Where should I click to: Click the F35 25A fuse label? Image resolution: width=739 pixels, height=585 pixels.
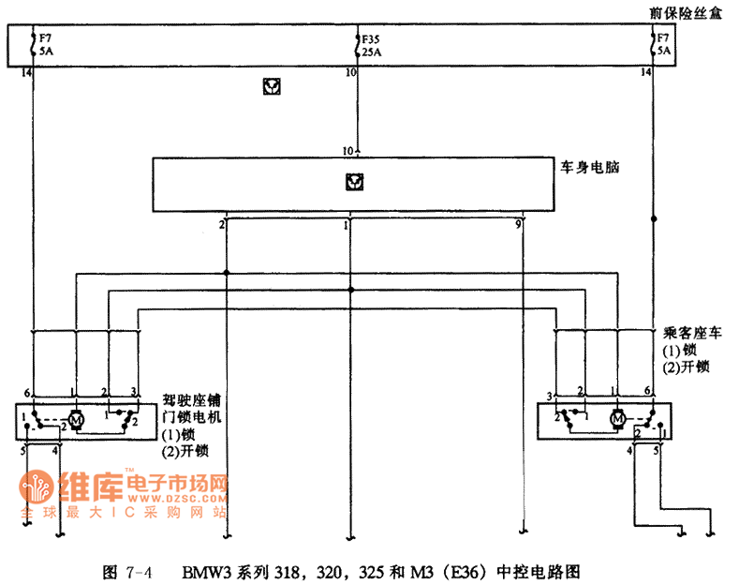pyautogui.click(x=372, y=47)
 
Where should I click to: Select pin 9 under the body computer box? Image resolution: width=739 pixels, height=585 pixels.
pyautogui.click(x=518, y=225)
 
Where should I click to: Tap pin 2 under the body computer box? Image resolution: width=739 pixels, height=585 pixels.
pyautogui.click(x=222, y=225)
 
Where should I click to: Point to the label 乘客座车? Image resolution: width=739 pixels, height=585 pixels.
pyautogui.click(x=691, y=333)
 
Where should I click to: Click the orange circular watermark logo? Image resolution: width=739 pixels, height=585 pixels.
pyautogui.click(x=37, y=488)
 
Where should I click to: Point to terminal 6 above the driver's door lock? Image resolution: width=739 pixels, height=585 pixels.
pyautogui.click(x=28, y=391)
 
